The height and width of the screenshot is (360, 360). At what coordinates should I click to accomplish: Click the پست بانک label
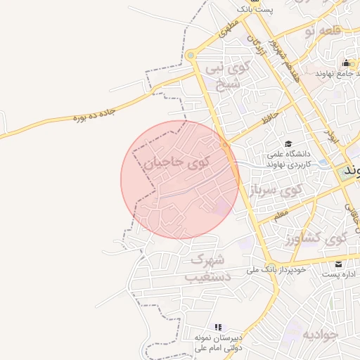255,9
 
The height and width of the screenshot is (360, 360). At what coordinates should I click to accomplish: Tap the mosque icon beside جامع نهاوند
346,63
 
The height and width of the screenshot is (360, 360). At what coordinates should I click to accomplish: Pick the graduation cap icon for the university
289,143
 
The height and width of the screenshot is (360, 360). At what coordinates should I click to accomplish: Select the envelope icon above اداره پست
339,264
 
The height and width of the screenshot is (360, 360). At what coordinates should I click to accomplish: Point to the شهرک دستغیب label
207,268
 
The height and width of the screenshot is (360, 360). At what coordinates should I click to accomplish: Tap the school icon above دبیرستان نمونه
218,327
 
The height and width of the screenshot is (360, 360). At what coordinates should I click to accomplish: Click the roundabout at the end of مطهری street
191,56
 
